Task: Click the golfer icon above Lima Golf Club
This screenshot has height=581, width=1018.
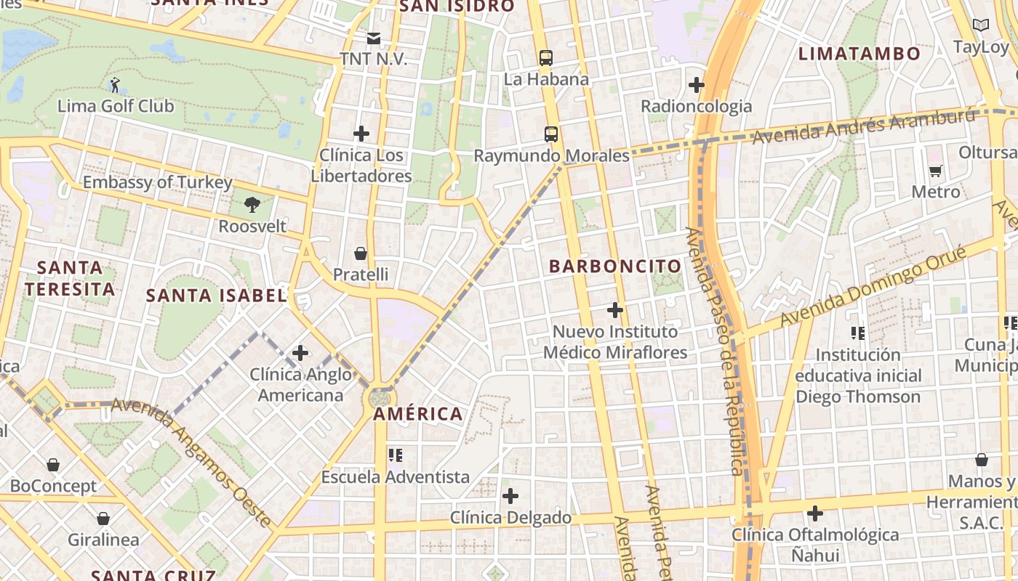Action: (115, 85)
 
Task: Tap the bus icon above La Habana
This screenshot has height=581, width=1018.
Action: (545, 58)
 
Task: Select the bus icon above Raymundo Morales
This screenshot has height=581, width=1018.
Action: (551, 134)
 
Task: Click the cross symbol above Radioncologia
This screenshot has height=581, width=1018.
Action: (697, 85)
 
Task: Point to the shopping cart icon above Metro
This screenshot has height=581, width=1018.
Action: (936, 171)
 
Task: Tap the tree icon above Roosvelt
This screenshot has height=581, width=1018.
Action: (252, 205)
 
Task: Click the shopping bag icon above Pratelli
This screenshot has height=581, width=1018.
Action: (360, 253)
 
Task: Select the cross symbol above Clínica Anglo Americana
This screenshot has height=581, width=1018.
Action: (300, 354)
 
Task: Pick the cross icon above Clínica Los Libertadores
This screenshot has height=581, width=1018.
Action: (361, 134)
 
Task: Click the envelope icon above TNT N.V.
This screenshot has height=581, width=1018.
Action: (373, 38)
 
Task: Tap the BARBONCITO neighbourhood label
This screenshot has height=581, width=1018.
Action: (615, 267)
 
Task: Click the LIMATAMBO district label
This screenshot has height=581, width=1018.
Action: (859, 54)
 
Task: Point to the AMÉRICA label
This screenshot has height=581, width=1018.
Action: (418, 415)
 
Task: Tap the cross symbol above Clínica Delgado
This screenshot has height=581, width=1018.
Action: (511, 497)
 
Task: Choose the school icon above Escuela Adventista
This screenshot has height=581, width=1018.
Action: (396, 455)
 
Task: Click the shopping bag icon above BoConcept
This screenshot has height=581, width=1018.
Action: (53, 465)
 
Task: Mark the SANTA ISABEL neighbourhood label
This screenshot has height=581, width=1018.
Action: (216, 296)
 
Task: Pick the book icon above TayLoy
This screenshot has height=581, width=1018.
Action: (981, 25)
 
